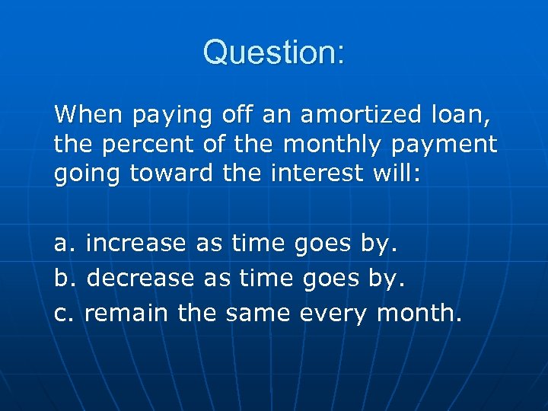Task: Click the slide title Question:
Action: coord(274,53)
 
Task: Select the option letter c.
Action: coord(62,312)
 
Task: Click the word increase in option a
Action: coord(136,244)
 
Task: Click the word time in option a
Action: coord(258,244)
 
